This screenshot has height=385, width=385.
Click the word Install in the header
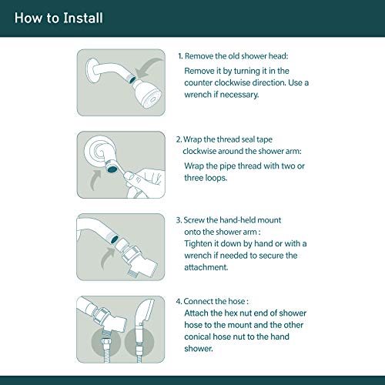(83, 18)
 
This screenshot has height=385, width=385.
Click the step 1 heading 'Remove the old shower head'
(236, 56)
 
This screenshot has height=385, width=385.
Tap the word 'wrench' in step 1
(198, 95)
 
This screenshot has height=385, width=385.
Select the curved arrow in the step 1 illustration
(149, 68)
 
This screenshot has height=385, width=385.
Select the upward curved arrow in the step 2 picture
(95, 180)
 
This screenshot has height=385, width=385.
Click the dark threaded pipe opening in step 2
(112, 169)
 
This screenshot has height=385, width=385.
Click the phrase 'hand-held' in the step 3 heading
(238, 220)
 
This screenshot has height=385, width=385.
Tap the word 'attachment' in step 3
(206, 267)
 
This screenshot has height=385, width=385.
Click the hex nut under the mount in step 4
(106, 342)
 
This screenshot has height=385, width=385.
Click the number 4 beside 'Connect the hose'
(179, 301)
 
